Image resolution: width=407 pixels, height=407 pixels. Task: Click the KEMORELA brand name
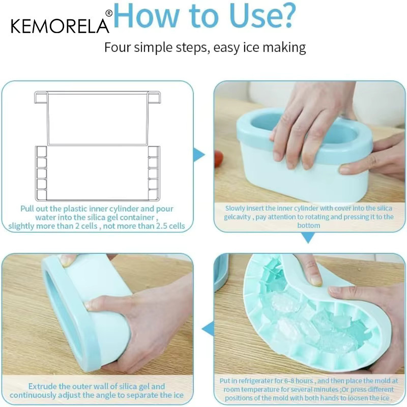click(x=60, y=26)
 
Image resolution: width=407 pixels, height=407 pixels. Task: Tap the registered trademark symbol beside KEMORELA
click(x=109, y=13)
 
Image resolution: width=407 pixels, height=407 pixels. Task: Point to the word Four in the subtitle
click(x=118, y=47)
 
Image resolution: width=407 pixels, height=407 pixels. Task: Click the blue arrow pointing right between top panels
click(x=199, y=155)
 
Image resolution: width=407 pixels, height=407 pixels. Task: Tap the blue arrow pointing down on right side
click(x=308, y=238)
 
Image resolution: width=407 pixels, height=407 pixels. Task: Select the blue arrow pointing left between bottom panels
click(x=208, y=329)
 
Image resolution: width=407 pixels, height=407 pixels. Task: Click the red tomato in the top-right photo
click(x=219, y=159)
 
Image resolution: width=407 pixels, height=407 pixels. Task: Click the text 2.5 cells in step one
click(x=170, y=226)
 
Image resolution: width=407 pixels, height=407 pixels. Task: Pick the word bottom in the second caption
click(x=309, y=225)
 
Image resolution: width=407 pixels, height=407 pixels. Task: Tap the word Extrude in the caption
click(x=42, y=387)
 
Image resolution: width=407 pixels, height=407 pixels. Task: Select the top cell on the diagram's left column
click(x=42, y=151)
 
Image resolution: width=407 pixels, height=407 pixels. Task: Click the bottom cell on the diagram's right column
click(x=153, y=195)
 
